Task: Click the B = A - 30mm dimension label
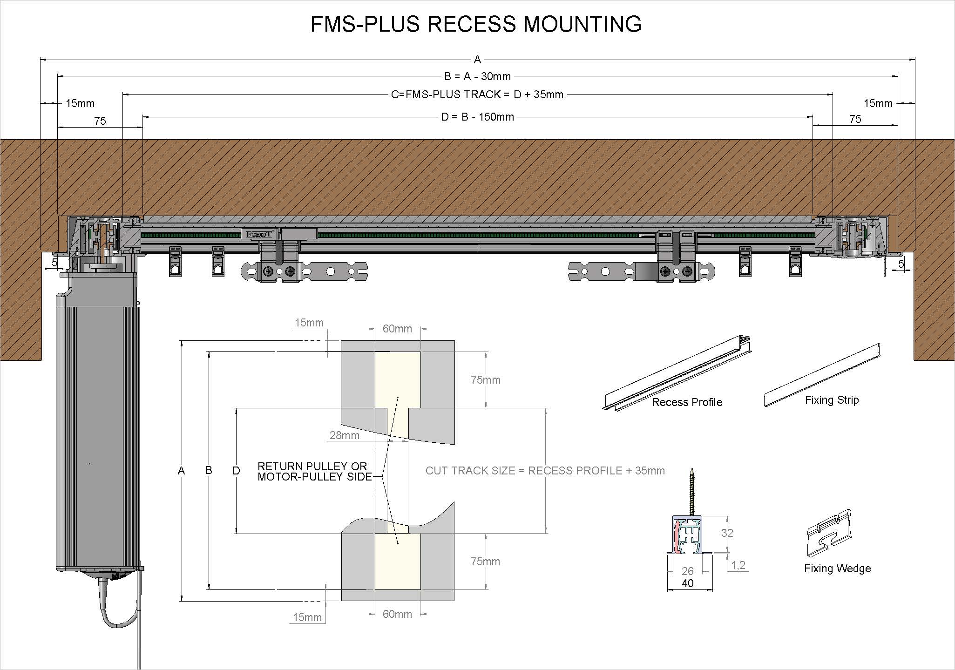(477, 76)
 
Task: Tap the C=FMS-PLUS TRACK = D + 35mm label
(477, 95)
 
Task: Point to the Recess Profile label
(687, 402)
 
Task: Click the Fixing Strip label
(832, 400)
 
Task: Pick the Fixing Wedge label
(837, 568)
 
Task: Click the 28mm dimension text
(344, 435)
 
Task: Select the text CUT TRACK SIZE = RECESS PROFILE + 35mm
(545, 471)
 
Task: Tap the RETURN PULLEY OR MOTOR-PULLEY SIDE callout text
(314, 471)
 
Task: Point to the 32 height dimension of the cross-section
(727, 533)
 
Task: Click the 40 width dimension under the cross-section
(688, 583)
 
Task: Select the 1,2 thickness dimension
(738, 565)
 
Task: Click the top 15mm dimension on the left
(80, 103)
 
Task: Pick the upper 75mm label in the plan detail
(485, 380)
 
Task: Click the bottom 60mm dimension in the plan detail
(397, 614)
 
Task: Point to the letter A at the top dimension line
(477, 60)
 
